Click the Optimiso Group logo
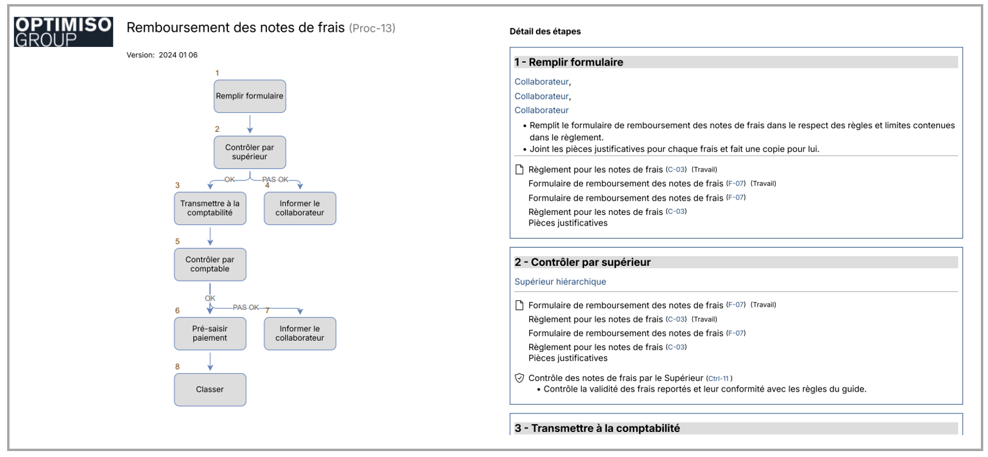click(63, 31)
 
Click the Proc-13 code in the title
click(372, 28)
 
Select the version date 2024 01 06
click(178, 55)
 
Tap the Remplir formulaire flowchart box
click(250, 96)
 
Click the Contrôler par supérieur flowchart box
click(250, 152)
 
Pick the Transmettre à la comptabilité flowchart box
click(210, 208)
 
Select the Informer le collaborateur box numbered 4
click(300, 208)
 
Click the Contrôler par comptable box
click(210, 264)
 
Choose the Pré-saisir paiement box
click(210, 334)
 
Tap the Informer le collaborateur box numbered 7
click(300, 334)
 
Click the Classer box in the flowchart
click(210, 389)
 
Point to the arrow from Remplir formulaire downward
click(250, 123)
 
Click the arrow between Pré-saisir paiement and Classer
click(210, 361)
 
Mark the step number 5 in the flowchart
click(177, 242)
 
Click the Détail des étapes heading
click(545, 31)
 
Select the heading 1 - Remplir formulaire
click(569, 62)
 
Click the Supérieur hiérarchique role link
click(560, 282)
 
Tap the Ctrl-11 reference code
click(719, 379)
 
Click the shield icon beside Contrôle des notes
click(520, 378)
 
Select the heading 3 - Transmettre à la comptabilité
click(597, 428)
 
